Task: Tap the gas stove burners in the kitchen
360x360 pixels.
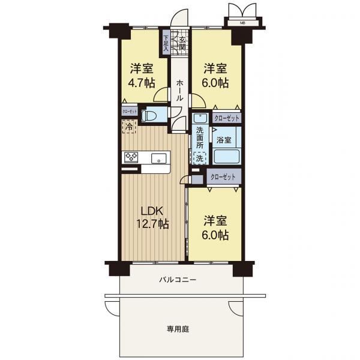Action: coord(131,157)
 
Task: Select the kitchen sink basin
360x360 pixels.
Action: coord(158,158)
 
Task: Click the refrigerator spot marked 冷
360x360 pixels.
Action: coord(129,127)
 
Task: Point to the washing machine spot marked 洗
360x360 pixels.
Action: coord(199,158)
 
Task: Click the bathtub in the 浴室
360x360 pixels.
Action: coord(227,157)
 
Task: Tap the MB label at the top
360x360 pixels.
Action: coord(242,23)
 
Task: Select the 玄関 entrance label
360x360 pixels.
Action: coord(182,44)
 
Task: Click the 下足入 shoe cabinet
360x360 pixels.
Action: coord(166,43)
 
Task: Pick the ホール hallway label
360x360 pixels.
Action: coord(179,90)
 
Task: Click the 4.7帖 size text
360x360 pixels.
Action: coord(142,83)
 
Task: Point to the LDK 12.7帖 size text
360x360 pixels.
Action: coord(152,223)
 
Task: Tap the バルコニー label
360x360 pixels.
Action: coord(178,280)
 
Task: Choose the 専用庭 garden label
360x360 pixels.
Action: coord(178,329)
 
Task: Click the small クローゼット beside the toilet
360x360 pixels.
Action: coord(130,112)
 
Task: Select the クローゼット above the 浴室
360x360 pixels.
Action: coord(227,118)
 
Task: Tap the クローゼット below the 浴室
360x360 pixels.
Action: coord(223,176)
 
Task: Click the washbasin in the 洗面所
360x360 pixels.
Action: coord(200,118)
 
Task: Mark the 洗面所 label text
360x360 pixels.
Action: coord(200,138)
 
